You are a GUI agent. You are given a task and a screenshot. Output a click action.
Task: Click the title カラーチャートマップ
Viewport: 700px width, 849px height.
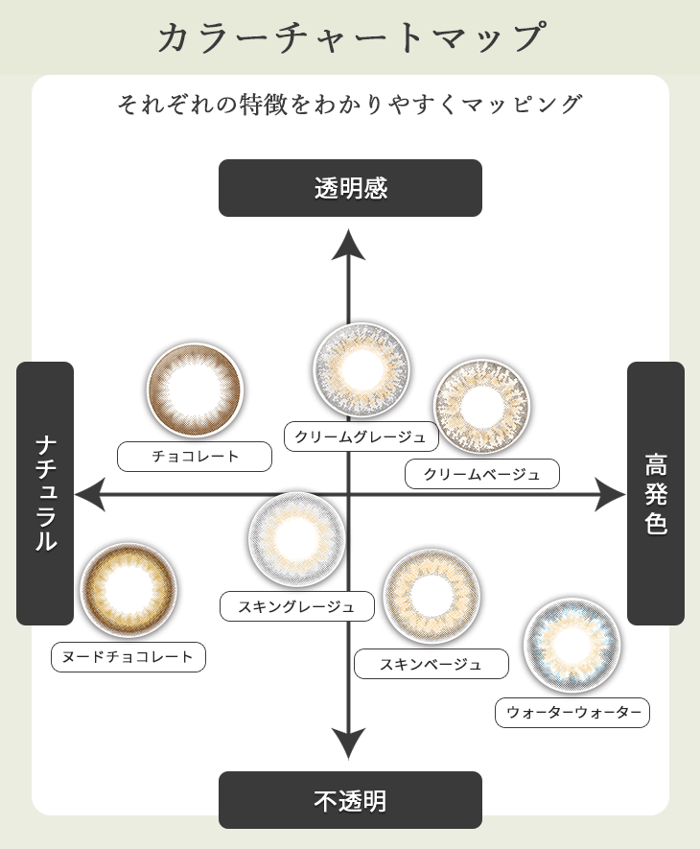click(x=350, y=37)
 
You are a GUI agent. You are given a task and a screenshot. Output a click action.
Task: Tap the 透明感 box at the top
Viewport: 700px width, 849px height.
click(x=350, y=188)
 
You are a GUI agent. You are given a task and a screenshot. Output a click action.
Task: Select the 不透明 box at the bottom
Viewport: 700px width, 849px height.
click(x=350, y=800)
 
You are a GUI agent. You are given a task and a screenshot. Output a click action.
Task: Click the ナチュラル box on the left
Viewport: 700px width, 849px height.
click(x=45, y=493)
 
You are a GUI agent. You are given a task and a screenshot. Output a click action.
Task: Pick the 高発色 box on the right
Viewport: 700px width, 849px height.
click(x=656, y=493)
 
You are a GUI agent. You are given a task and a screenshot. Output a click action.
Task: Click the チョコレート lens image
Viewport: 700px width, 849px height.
click(x=195, y=390)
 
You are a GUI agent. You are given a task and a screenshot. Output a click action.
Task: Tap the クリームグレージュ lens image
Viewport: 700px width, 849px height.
click(x=362, y=369)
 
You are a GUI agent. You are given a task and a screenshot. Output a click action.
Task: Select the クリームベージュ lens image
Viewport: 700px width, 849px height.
click(x=481, y=407)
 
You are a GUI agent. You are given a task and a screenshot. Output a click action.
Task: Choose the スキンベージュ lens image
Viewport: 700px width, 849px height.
click(x=432, y=597)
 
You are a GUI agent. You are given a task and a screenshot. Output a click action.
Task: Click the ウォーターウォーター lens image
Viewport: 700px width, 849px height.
click(x=572, y=645)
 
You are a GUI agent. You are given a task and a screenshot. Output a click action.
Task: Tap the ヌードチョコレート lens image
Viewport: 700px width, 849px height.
click(x=128, y=590)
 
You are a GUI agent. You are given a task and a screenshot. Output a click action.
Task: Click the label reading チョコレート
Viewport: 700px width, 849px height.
click(x=195, y=457)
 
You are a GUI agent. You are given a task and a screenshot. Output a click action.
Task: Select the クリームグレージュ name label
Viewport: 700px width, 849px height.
click(x=362, y=436)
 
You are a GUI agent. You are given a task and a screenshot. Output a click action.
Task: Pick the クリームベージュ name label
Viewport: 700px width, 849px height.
click(x=481, y=474)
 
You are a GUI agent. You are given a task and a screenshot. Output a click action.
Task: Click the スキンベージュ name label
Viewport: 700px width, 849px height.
click(x=431, y=664)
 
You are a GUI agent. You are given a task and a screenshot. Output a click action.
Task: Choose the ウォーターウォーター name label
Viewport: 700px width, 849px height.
click(x=572, y=712)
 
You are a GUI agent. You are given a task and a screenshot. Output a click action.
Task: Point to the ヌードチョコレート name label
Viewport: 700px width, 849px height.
click(x=128, y=657)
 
